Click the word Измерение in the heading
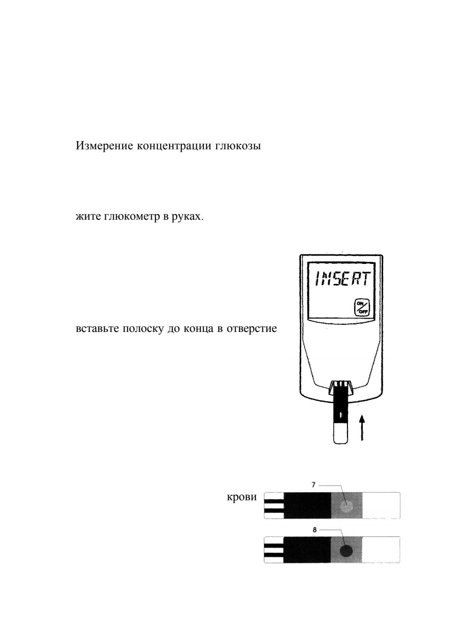pos(104,146)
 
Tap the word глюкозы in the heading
pos(238,147)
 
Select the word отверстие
pos(252,329)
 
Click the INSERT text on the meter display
pos(341,278)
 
